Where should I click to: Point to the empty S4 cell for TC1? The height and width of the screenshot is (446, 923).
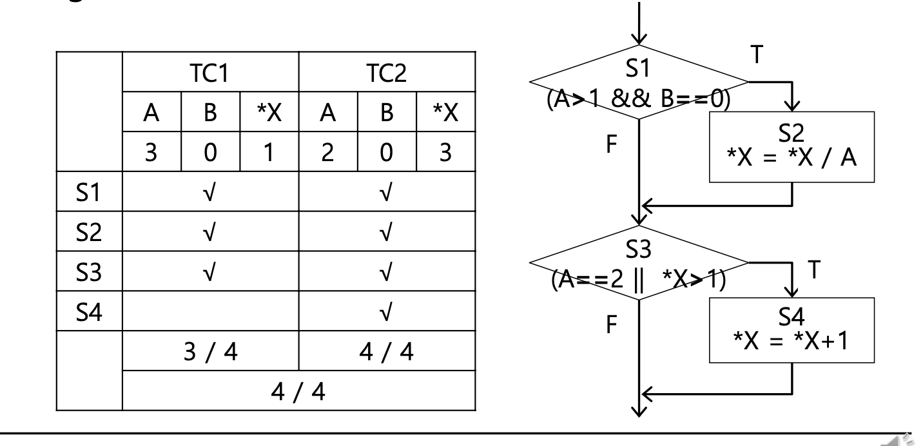click(x=211, y=314)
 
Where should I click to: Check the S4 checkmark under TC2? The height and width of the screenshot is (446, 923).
click(x=387, y=314)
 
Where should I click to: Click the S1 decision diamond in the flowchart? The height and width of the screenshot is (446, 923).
click(x=639, y=82)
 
